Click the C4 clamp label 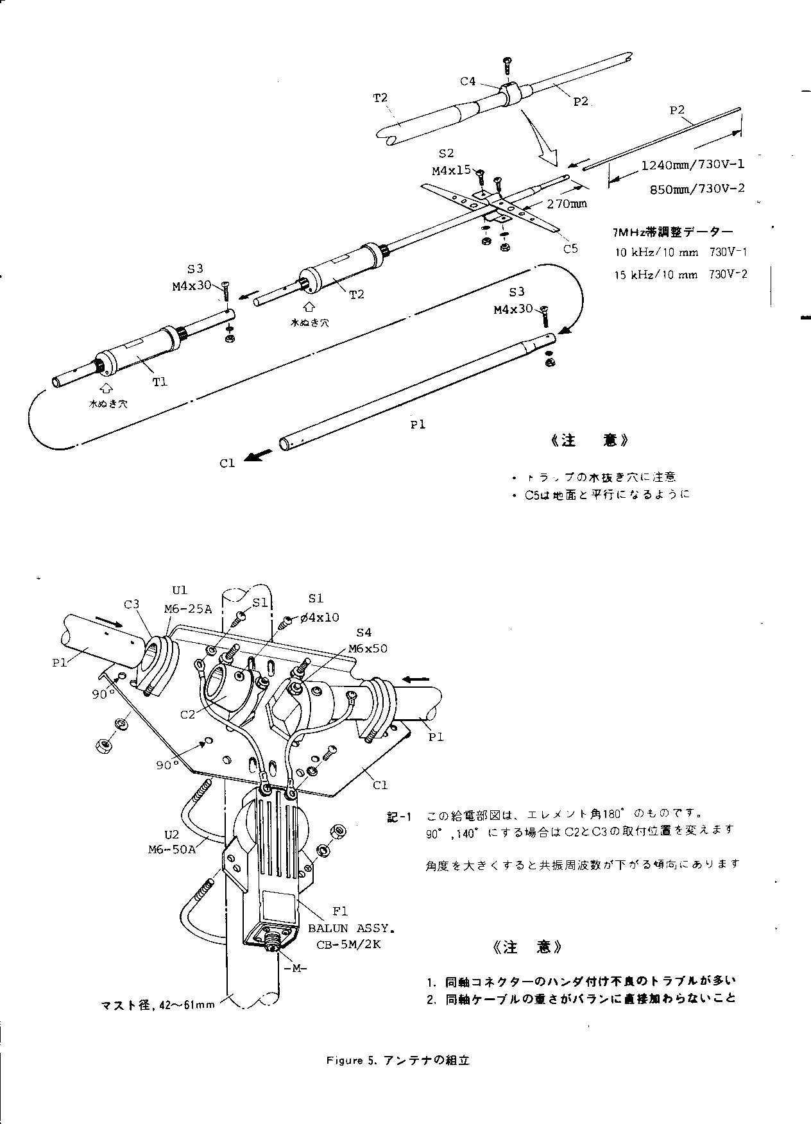468,81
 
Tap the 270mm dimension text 567,204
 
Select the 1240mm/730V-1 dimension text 692,164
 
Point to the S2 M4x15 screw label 450,162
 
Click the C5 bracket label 570,248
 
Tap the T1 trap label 160,382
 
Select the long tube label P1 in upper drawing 418,423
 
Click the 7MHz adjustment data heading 672,232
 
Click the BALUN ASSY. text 351,928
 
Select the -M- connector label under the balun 291,969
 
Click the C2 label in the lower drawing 187,714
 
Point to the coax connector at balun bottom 274,944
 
